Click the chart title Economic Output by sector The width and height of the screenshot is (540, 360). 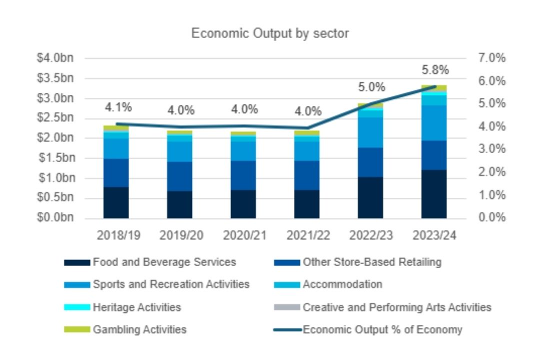click(x=270, y=33)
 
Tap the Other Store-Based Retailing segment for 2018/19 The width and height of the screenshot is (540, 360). click(x=116, y=172)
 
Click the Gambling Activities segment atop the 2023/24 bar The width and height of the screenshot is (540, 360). click(x=433, y=88)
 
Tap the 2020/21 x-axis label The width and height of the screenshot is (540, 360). click(x=243, y=234)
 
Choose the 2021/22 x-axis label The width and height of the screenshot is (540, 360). click(x=307, y=234)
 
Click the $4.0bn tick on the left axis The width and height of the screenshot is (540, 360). click(x=55, y=58)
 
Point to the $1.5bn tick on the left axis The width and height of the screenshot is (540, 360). click(x=55, y=158)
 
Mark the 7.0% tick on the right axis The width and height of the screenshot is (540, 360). click(x=493, y=58)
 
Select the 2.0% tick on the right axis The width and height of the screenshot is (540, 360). click(x=493, y=172)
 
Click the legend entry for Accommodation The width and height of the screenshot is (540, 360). click(x=342, y=284)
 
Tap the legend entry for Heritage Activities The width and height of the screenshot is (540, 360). click(x=136, y=307)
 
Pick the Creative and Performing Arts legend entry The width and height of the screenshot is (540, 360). click(x=397, y=307)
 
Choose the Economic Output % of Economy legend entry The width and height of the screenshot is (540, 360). click(x=382, y=329)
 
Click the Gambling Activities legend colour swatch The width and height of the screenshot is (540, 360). click(x=77, y=329)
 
